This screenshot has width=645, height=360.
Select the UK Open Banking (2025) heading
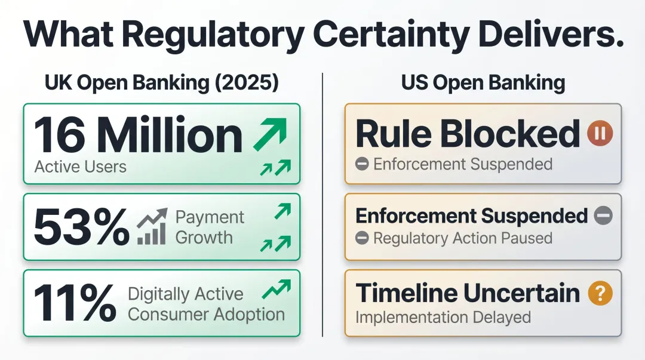click(x=162, y=83)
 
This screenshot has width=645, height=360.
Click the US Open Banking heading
click(x=483, y=83)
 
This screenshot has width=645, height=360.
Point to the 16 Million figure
click(x=137, y=136)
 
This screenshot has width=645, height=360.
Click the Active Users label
click(x=81, y=166)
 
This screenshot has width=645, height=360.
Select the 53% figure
click(x=81, y=227)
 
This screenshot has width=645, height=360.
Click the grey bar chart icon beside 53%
click(x=151, y=229)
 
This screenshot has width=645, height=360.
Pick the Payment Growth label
click(x=210, y=227)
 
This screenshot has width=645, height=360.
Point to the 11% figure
click(x=75, y=303)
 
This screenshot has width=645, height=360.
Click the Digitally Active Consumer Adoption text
click(x=206, y=304)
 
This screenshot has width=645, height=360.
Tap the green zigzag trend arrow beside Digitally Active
click(x=276, y=290)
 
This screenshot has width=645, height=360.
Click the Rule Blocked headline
click(x=467, y=134)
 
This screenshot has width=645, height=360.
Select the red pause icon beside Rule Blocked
click(x=599, y=134)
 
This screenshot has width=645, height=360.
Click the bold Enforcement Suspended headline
click(x=471, y=216)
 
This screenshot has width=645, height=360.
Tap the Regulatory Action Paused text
click(x=462, y=238)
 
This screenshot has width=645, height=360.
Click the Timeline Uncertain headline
click(x=468, y=293)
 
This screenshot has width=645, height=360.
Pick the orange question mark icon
click(x=600, y=293)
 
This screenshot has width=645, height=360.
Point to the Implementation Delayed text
click(x=443, y=316)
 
